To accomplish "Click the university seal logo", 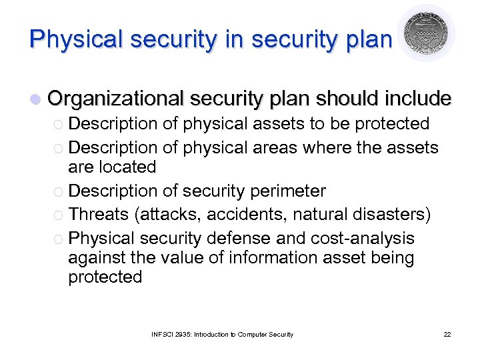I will coord(426,33).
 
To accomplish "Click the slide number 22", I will coord(447,334).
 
